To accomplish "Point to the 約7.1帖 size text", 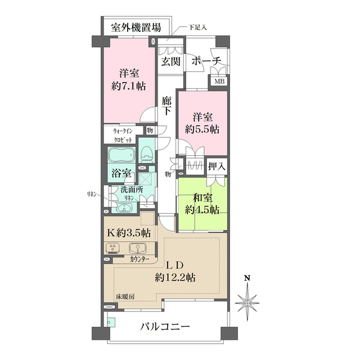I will (129, 87).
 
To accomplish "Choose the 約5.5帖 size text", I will (202, 129).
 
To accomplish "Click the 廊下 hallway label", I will (166, 106).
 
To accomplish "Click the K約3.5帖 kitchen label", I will (129, 232).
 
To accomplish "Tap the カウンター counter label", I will (139, 259).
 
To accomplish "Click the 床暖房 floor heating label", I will (125, 296).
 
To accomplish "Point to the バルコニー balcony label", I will (165, 326).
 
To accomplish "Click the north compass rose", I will (247, 302).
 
